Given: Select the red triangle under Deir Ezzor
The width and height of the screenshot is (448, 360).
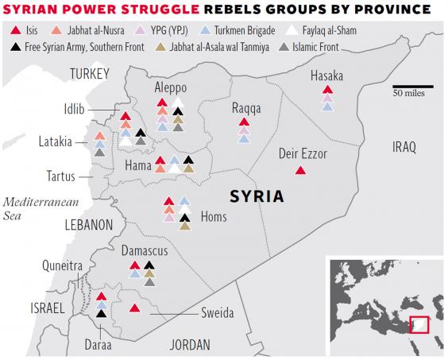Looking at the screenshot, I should [x=299, y=170].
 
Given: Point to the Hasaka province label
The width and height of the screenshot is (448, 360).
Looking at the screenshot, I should [x=326, y=76].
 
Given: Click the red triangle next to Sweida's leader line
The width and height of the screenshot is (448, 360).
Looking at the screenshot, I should [x=135, y=308].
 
